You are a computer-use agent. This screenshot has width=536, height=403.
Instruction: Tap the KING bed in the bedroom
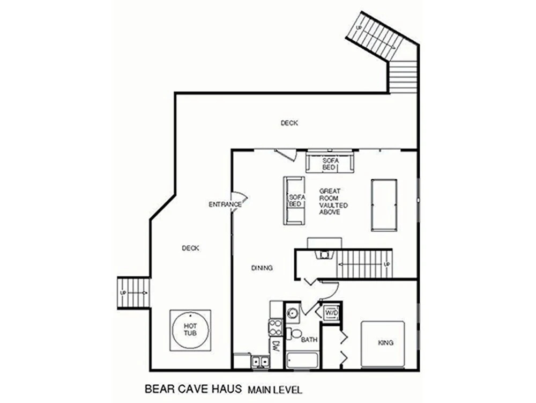pos(383,344)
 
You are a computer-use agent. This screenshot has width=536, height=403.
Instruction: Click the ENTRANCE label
pos(225,204)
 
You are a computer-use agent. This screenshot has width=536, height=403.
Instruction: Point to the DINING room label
pos(262,268)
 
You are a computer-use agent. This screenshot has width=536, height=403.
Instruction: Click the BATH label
pos(309,340)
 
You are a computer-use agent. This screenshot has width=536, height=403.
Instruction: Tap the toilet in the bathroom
pos(293,334)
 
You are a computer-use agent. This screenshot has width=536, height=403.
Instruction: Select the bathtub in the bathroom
pos(302,361)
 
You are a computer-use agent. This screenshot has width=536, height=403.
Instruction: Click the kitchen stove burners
pos(276,327)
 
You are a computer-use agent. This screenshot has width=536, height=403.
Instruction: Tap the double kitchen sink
pos(260,361)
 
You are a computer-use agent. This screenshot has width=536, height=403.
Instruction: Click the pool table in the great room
pos(384,205)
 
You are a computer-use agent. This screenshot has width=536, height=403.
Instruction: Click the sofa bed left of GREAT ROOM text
pos(294,201)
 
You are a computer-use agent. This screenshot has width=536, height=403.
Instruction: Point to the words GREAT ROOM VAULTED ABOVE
pos(333,202)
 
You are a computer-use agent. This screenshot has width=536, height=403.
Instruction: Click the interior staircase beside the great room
pos(364,264)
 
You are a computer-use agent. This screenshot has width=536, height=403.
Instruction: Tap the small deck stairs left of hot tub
pos(133,293)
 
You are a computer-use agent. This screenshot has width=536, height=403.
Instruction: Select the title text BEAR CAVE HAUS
pos(193,389)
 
